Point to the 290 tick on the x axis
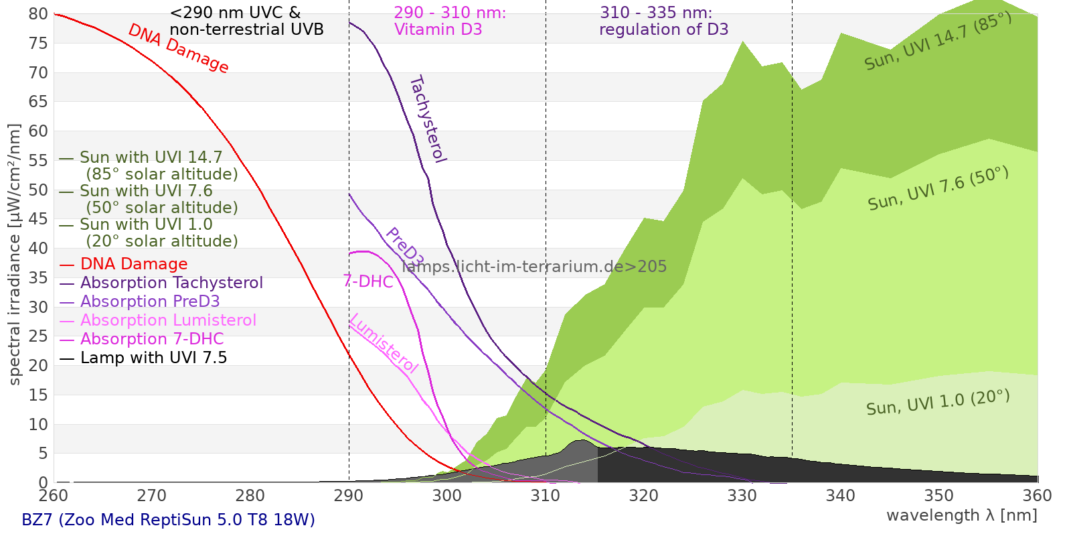(x=349, y=496)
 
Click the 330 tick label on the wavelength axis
(x=742, y=496)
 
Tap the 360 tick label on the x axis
(x=1038, y=496)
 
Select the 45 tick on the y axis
(x=39, y=219)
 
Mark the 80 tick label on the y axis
(x=39, y=14)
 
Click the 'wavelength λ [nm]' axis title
(x=961, y=515)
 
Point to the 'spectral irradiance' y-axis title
(x=15, y=255)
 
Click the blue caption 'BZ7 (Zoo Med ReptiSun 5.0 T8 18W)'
(x=168, y=520)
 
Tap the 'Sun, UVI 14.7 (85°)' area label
(x=938, y=41)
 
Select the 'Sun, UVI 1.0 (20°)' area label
(x=938, y=403)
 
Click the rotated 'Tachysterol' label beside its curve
(x=427, y=119)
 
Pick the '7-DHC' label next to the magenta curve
(x=368, y=281)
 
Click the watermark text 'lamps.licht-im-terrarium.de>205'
(x=534, y=267)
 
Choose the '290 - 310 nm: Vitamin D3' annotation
(x=450, y=21)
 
